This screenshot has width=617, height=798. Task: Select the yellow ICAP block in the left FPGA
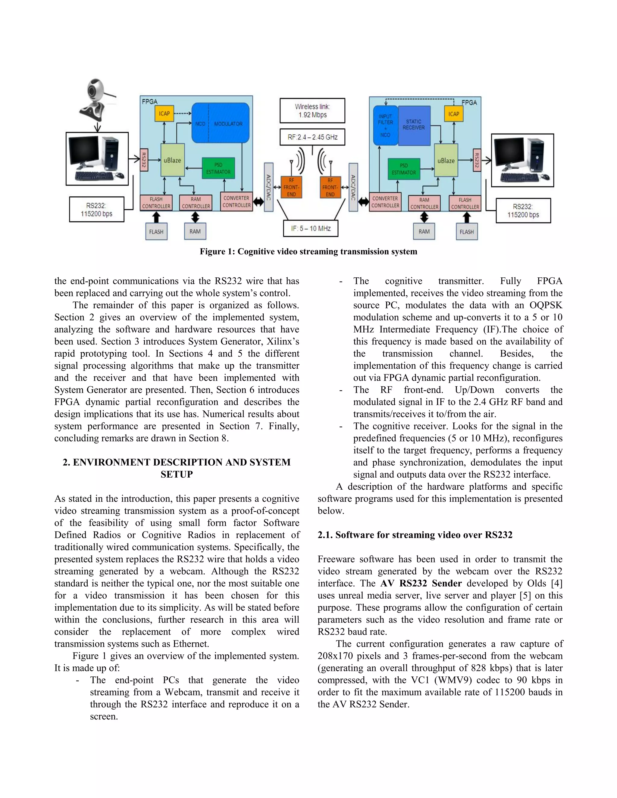(164, 114)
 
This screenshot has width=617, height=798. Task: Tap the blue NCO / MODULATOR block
(221, 123)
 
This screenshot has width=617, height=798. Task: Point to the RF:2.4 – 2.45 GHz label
(312, 137)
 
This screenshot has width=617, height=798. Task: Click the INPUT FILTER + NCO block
(385, 125)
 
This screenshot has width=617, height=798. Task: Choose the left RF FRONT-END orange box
(291, 187)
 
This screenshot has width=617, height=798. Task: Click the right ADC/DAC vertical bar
(353, 187)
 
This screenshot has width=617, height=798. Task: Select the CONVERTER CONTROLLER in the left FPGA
(236, 202)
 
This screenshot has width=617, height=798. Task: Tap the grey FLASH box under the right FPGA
(466, 232)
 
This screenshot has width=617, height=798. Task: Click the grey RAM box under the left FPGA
(195, 231)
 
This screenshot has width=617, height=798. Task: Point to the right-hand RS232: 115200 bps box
(523, 211)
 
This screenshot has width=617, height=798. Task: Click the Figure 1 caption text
(308, 252)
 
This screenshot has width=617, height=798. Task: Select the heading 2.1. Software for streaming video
(415, 535)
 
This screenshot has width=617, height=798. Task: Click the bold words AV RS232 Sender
(421, 584)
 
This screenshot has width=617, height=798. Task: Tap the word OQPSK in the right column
(545, 305)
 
